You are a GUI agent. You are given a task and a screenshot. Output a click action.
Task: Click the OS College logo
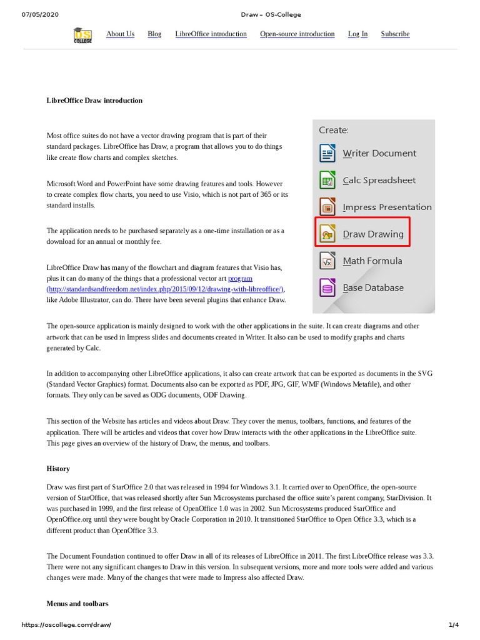pos(82,35)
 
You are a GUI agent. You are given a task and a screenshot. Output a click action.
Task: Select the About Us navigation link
pos(120,34)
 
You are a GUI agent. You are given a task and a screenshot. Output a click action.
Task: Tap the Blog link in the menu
pos(154,34)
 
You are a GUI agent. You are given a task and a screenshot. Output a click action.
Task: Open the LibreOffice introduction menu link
pos(211,34)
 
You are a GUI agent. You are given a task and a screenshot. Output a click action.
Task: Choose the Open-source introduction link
pos(297,34)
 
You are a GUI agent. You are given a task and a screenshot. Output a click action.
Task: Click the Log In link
pos(357,34)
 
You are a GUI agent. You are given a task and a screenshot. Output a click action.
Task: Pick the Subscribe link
pos(395,34)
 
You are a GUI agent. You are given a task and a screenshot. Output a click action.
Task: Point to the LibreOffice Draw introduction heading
pos(94,100)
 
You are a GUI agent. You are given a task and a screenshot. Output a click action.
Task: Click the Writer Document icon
pos(327,153)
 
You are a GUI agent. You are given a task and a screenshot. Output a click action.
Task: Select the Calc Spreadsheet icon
pos(327,180)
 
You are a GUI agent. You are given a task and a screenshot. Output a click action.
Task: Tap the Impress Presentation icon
pos(327,207)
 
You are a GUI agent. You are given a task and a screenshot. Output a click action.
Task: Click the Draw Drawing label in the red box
pos(373,234)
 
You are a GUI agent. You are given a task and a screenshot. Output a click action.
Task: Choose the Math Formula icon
pos(327,261)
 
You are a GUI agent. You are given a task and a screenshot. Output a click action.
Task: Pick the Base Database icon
pos(327,287)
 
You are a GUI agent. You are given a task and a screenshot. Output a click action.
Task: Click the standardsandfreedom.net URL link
pos(165,289)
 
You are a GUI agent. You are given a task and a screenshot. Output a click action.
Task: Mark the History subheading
pos(58,469)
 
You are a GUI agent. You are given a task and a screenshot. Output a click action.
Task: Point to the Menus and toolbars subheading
pos(77,604)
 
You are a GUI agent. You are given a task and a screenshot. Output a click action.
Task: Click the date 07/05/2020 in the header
pos(40,14)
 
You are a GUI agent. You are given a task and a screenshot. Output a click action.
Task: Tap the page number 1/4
pos(453,625)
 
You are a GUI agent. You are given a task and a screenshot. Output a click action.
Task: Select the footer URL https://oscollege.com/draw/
pos(66,625)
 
